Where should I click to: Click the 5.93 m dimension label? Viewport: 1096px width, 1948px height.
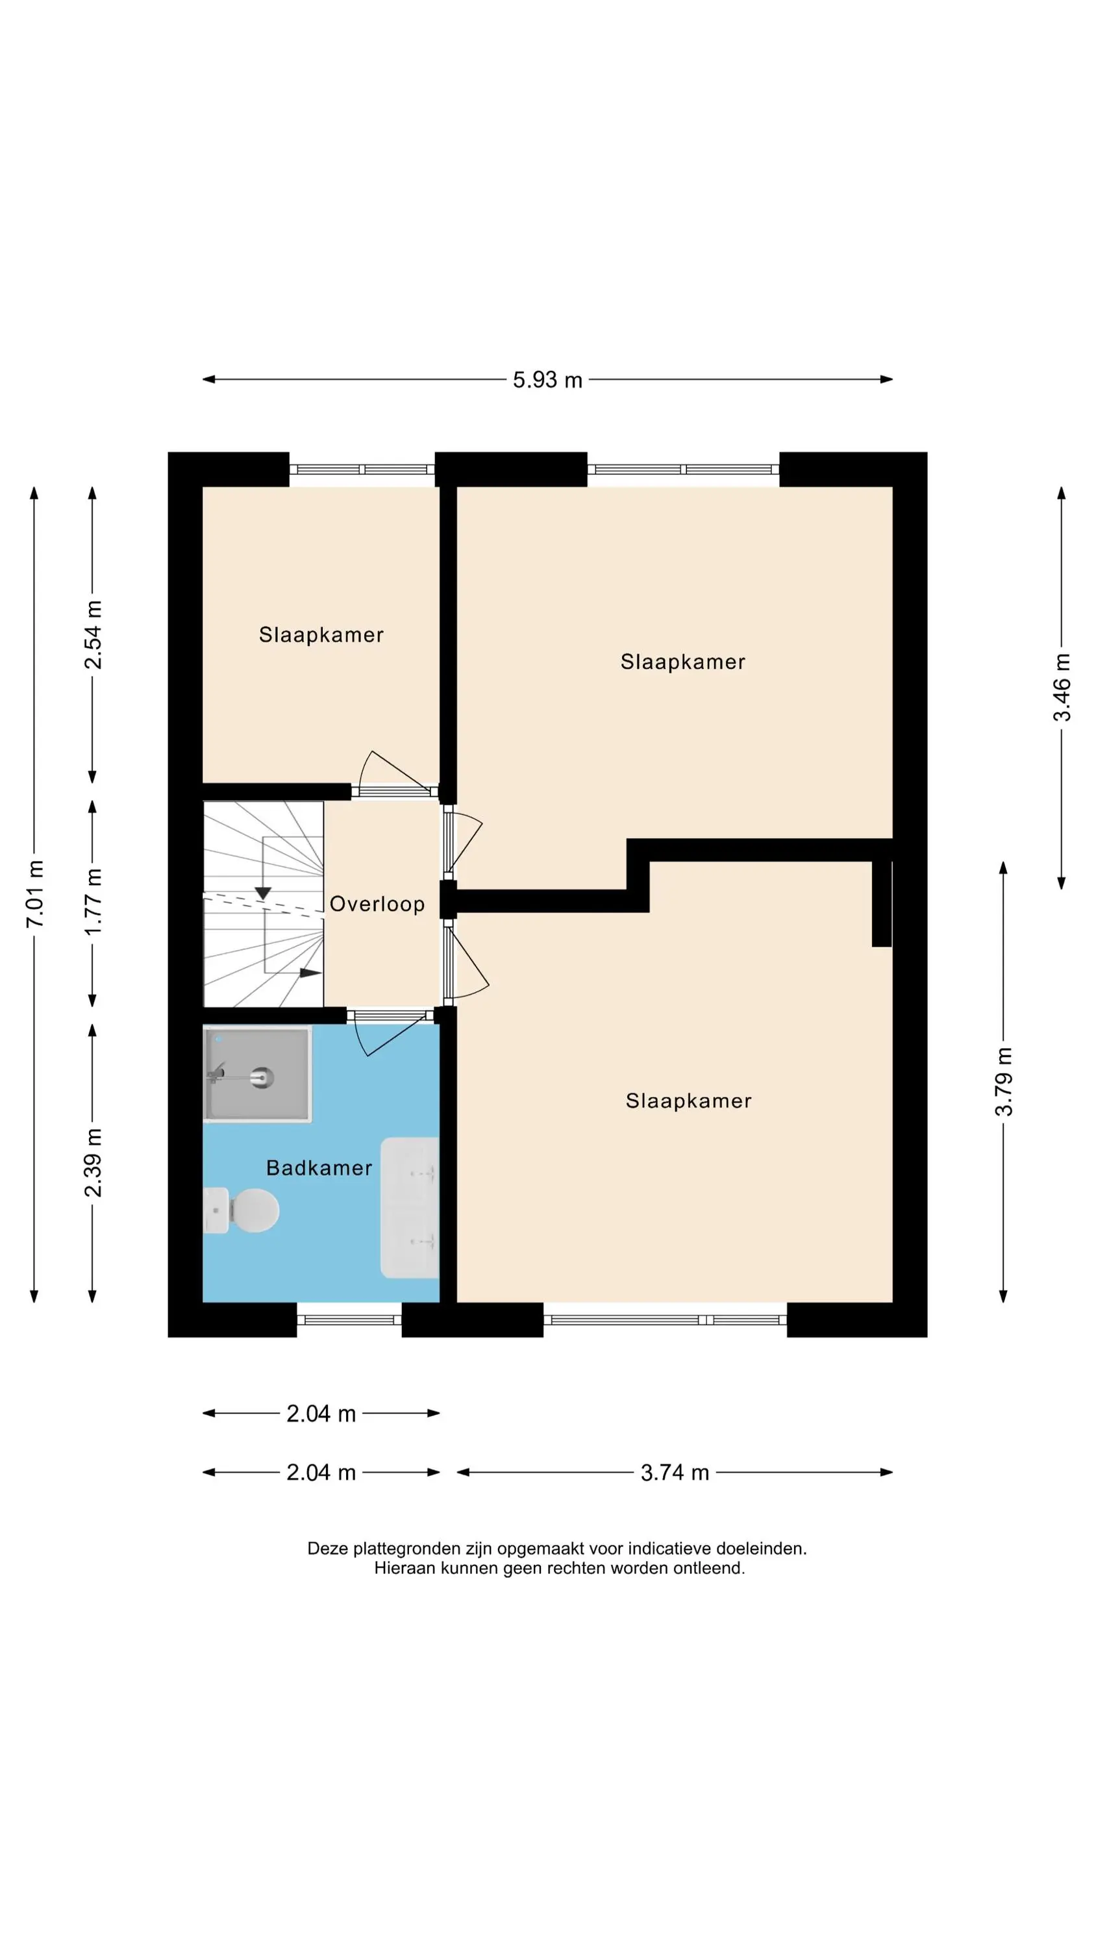547,380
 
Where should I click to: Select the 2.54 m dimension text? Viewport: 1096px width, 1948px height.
93,634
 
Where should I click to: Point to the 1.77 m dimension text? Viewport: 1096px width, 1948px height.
93,901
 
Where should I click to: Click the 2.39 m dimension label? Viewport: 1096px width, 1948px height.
93,1162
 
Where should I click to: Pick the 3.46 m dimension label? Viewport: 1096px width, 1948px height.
1062,686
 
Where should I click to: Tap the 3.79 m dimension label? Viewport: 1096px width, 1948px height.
1004,1081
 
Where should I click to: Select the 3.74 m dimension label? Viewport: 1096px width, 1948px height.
675,1472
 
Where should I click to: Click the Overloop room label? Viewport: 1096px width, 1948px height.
377,904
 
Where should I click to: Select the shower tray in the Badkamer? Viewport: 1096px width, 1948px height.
257,1074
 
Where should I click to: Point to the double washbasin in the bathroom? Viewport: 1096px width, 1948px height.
410,1208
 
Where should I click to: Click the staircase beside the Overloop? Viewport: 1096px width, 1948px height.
263,904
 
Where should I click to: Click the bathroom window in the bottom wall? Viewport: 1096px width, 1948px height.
349,1320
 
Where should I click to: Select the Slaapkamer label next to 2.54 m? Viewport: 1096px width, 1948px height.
321,634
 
